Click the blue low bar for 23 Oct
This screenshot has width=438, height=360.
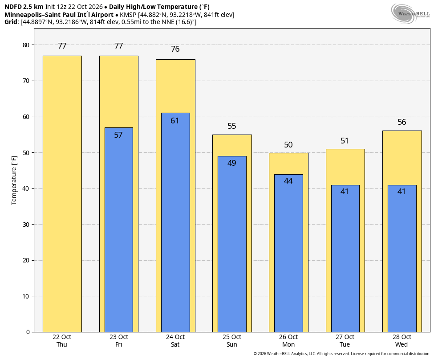[119, 230]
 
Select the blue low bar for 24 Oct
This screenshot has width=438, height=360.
[175, 222]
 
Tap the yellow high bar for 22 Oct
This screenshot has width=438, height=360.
[62, 194]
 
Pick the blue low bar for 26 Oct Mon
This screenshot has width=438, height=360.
[288, 253]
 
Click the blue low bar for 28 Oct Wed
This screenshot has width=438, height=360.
[402, 258]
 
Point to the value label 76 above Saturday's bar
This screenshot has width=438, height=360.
[175, 49]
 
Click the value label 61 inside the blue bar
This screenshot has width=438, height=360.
[174, 120]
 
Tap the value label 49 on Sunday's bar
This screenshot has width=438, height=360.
[231, 163]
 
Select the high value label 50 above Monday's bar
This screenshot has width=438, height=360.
[288, 145]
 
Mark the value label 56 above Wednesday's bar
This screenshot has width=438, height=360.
[401, 122]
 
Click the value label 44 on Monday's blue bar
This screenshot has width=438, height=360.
[288, 181]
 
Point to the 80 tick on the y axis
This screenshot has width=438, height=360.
[26, 45]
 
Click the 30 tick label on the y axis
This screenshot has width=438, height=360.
[26, 225]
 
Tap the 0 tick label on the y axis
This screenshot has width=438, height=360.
[28, 332]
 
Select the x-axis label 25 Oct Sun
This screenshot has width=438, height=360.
[232, 341]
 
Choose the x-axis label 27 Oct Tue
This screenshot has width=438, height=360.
[345, 341]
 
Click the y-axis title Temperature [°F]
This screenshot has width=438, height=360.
[14, 180]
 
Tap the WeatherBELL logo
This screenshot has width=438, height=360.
[410, 14]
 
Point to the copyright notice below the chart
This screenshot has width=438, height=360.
[341, 354]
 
